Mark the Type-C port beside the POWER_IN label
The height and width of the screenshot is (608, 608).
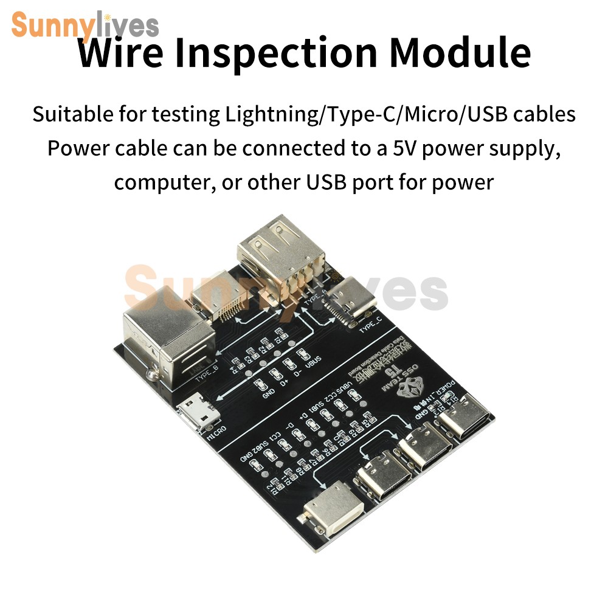point(463,419)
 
